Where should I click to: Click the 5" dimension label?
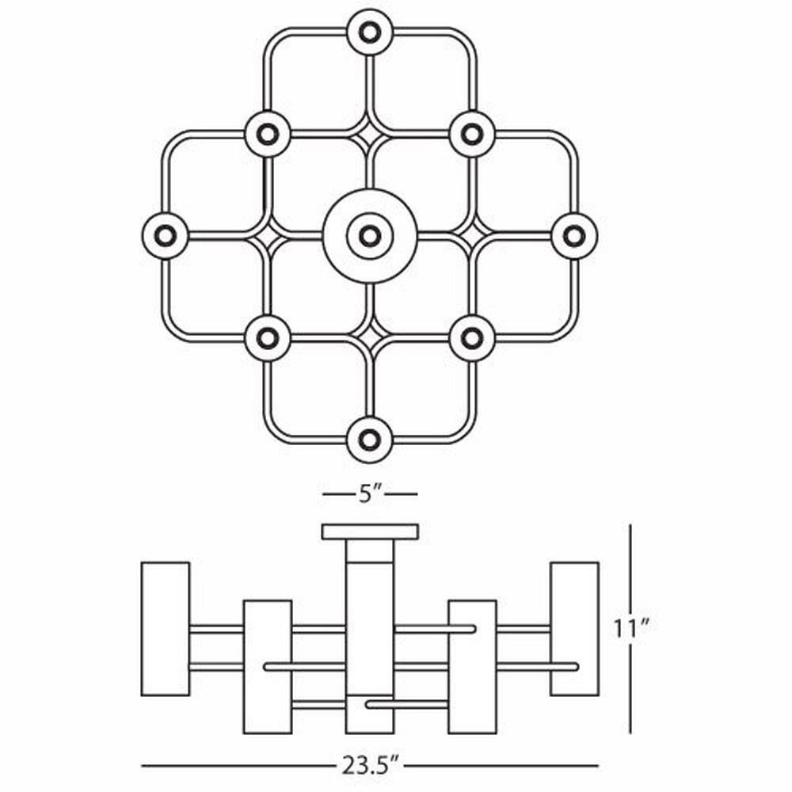370,493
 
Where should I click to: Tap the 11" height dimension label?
631,628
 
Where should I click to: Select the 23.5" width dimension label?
370,766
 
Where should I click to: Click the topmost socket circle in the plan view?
370,32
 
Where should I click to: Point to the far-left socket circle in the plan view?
166,236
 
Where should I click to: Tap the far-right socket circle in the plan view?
573,236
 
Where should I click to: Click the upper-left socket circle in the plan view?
267,135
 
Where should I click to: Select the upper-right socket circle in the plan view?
472,135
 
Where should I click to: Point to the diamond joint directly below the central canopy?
370,336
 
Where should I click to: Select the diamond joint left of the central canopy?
268,236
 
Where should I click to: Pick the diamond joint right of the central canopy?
472,236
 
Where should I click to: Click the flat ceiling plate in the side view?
370,531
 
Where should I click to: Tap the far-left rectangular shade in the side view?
166,629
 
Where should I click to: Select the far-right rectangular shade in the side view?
575,629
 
